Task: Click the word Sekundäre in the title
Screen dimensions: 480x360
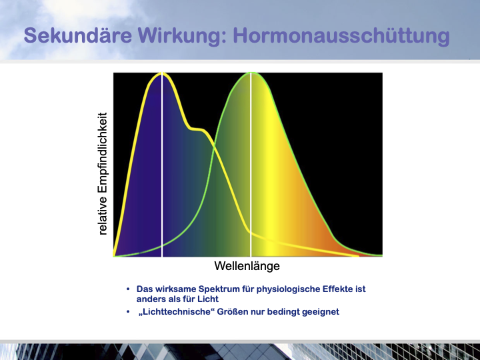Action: click(x=78, y=35)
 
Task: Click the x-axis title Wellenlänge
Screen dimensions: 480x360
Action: click(x=247, y=266)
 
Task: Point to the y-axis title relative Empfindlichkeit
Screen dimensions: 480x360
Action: click(x=103, y=173)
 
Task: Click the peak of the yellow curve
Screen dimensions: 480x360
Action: click(x=162, y=73)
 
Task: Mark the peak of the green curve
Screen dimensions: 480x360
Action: click(x=251, y=73)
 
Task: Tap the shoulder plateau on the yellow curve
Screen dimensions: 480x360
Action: click(x=197, y=129)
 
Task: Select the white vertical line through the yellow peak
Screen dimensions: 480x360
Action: click(x=162, y=165)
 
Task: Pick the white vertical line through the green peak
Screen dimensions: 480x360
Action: click(x=251, y=165)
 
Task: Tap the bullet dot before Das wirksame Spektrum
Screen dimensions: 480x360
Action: click(x=128, y=289)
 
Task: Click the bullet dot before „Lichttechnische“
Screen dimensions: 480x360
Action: click(x=128, y=311)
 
